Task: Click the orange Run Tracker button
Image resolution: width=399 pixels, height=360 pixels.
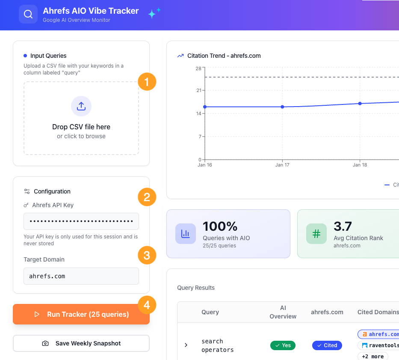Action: (x=81, y=314)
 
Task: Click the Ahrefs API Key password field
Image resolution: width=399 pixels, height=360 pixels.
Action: (x=81, y=221)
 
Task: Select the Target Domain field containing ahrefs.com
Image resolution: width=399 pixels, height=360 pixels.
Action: (x=81, y=276)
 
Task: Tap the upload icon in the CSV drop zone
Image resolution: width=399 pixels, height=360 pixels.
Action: (x=81, y=106)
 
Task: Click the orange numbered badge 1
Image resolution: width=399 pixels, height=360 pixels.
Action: (x=147, y=81)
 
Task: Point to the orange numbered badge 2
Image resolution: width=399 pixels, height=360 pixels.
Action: (x=147, y=197)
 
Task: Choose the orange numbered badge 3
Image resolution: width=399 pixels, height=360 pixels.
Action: (x=147, y=256)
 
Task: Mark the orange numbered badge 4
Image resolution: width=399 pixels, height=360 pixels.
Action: (x=147, y=305)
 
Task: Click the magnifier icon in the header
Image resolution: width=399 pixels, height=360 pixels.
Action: (x=28, y=14)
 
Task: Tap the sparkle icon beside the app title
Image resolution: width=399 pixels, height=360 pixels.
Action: (x=154, y=13)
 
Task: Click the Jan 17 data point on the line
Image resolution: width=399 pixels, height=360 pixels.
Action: (x=282, y=107)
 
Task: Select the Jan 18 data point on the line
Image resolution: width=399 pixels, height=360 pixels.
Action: (x=360, y=104)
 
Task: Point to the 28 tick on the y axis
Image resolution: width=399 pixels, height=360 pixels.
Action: (x=198, y=68)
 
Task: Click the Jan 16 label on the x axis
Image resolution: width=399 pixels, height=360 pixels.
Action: (x=205, y=165)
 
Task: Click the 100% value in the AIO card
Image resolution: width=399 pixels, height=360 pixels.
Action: (x=220, y=226)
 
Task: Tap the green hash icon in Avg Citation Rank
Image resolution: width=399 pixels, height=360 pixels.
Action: (x=316, y=233)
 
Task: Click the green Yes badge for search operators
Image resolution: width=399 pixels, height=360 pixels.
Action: (x=283, y=345)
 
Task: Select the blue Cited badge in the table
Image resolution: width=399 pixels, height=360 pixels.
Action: (x=327, y=345)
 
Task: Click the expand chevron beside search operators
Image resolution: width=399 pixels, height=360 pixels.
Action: (x=186, y=345)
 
